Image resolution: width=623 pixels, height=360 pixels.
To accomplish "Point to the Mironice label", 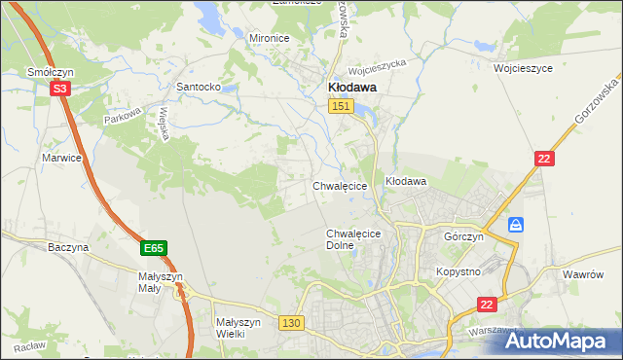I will (270, 38).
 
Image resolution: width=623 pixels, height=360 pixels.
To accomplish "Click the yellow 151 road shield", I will (340, 106).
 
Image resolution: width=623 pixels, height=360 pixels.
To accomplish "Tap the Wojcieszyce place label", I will (523, 69).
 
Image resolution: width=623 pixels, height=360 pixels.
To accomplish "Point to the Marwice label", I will (60, 157).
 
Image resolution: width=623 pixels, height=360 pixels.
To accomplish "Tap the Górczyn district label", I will (463, 236).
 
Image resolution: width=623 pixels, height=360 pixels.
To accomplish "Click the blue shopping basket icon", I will (516, 225).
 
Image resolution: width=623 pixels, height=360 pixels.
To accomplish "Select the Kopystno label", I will (458, 271).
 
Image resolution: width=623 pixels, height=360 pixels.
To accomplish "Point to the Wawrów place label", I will (584, 274).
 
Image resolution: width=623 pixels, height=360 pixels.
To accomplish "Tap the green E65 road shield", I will (154, 249).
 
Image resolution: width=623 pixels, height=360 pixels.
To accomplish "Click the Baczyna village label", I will (68, 247).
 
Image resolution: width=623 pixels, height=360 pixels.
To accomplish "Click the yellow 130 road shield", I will (290, 322).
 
